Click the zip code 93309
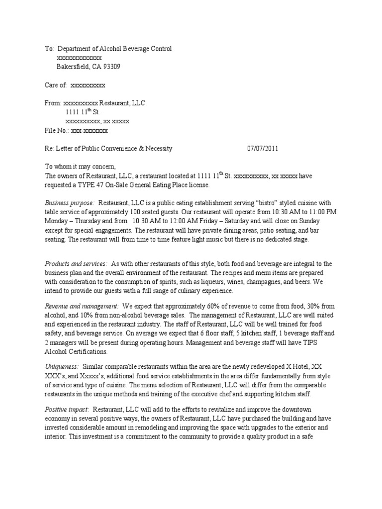110,67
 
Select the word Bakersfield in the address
74,67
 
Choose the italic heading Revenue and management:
82,307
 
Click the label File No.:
57,131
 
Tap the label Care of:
56,85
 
